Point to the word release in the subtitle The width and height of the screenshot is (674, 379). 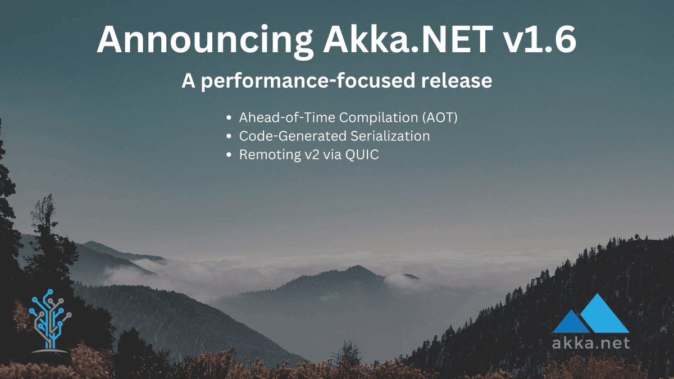pos(457,81)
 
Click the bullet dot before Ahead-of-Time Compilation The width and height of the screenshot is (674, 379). pos(229,118)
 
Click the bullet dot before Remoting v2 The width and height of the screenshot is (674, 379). pos(229,155)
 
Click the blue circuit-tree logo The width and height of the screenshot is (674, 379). pos(51,320)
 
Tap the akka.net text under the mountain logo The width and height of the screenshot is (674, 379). pos(590,342)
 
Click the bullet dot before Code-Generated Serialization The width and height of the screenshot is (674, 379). pos(229,136)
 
